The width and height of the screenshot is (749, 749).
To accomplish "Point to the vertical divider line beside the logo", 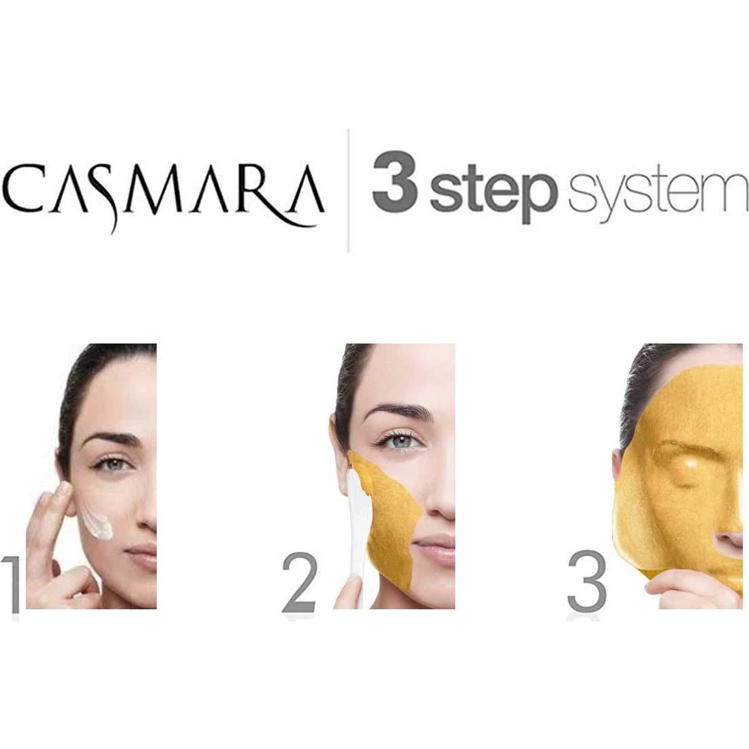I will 348,190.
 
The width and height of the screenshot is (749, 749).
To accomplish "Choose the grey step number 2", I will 300,584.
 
